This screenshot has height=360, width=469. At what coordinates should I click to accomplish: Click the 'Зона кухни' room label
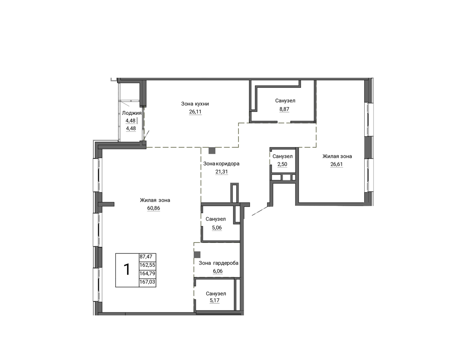(195, 104)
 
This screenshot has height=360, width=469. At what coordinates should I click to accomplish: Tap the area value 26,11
(195, 112)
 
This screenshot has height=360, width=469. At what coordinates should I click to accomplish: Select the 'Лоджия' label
(132, 113)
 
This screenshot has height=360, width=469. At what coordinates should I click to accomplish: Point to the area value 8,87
(284, 109)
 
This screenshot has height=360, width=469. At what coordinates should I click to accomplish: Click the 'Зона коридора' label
(221, 164)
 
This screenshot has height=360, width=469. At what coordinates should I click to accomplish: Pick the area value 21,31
(222, 171)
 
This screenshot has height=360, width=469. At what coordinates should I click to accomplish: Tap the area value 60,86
(154, 208)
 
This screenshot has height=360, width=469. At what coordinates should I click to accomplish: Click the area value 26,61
(337, 164)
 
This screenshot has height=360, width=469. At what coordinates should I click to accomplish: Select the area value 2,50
(282, 164)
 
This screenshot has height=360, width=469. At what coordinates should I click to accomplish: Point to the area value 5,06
(217, 228)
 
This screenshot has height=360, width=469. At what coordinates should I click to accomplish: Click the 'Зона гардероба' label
(218, 263)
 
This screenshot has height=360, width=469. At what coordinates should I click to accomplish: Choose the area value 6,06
(218, 271)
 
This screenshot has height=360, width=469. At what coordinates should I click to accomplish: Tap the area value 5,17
(215, 300)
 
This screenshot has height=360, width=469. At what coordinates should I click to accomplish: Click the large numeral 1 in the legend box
(127, 269)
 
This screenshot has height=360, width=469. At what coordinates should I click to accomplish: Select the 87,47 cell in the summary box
(146, 257)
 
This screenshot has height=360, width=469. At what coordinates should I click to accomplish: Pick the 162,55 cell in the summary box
(147, 265)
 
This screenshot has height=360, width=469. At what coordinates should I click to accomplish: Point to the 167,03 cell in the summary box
(147, 282)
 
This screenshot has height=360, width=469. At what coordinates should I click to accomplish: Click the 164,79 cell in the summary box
(147, 273)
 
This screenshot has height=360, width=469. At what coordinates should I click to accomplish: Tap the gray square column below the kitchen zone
(212, 150)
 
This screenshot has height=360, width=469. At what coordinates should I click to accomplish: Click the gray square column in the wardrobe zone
(197, 255)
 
